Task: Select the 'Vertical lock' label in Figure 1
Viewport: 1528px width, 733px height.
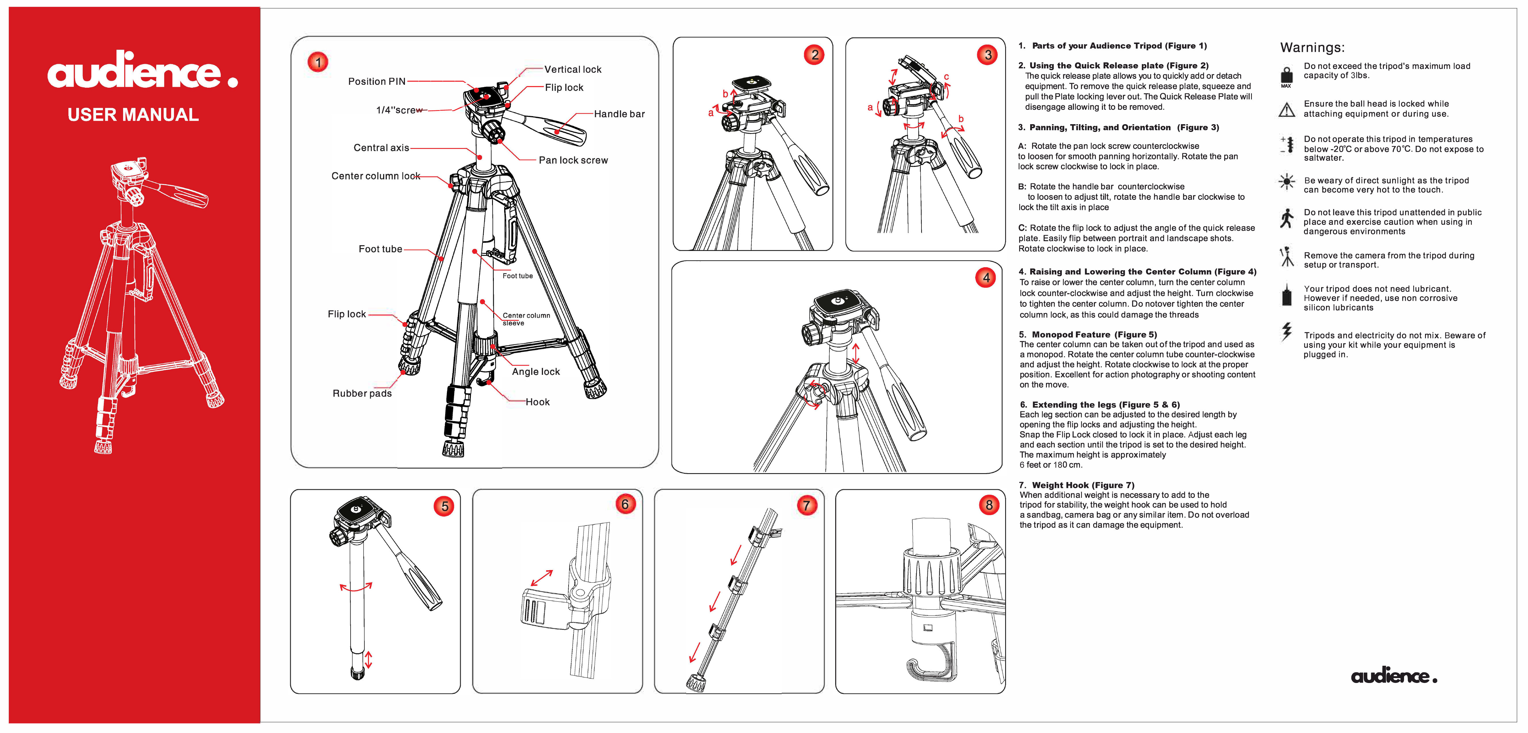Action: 572,69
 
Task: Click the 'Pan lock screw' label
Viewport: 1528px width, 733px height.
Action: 573,160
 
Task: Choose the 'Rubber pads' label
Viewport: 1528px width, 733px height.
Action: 362,393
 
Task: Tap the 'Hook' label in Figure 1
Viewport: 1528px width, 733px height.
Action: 538,402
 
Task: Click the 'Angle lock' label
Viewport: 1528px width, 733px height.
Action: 536,372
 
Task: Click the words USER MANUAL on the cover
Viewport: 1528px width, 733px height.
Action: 133,114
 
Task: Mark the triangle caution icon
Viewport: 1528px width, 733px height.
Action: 1286,110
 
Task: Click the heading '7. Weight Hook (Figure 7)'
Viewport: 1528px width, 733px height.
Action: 1076,485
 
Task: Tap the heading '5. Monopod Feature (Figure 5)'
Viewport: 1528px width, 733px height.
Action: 1087,335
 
